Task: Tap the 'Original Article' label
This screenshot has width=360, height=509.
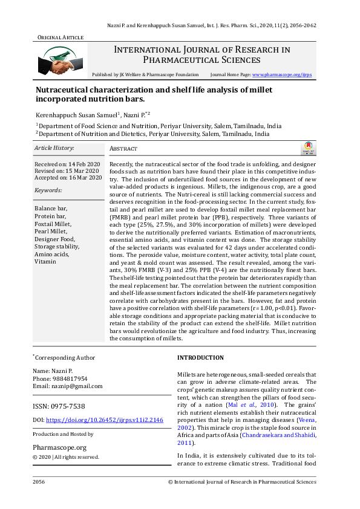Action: click(x=60, y=37)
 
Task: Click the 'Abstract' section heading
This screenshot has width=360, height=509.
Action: click(x=123, y=149)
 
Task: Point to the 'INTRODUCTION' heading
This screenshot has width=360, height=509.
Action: click(x=200, y=358)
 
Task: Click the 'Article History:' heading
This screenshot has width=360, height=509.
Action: click(x=54, y=148)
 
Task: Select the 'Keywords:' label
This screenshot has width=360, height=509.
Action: click(x=49, y=190)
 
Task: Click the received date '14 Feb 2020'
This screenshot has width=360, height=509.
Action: click(x=85, y=164)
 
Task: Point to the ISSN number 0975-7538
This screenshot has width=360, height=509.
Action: click(x=68, y=406)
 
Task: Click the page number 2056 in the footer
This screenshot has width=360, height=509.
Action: click(x=39, y=482)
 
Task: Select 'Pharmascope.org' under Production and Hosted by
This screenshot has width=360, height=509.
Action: click(x=59, y=447)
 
